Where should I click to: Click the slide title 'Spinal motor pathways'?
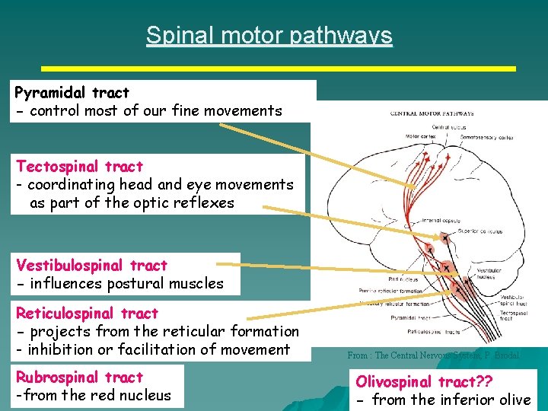pos(269,35)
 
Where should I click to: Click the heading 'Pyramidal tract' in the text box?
pos(72,93)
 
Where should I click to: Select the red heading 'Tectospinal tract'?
pos(79,166)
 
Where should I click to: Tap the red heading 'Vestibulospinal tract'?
pos(91,266)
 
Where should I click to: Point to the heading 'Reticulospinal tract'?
pos(87,313)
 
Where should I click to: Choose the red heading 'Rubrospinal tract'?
pos(80,377)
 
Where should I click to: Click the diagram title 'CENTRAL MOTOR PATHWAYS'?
pos(432,113)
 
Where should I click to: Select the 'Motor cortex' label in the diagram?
pos(420,137)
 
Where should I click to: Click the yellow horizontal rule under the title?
pos(278,68)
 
